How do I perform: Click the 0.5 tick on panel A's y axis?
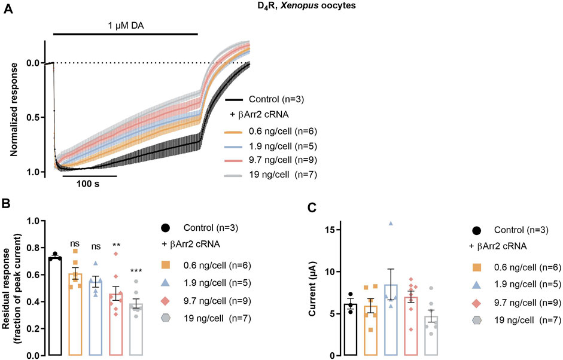pos(34,117)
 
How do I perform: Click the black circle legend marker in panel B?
pos(166,228)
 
